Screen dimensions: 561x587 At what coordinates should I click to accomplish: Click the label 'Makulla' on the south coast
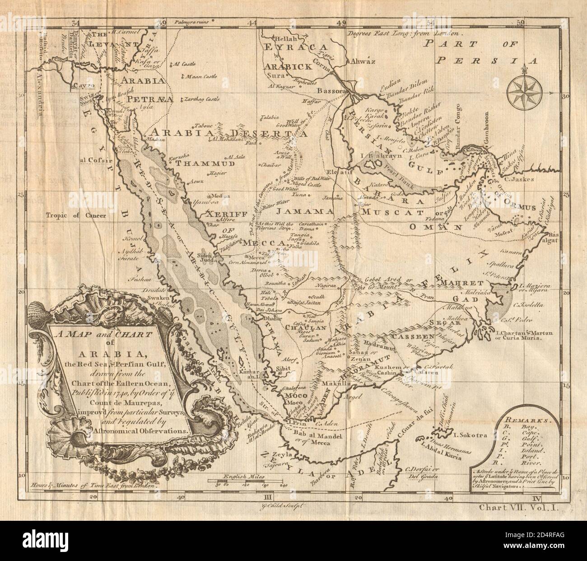335,384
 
